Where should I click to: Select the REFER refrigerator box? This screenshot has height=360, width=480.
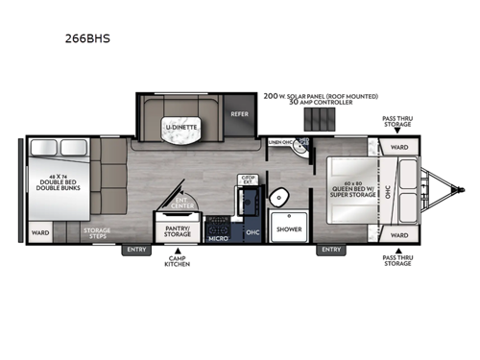pos(239,113)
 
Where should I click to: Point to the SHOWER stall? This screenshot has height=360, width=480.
pos(289,228)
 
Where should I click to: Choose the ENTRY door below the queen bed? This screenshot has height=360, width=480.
pos(331,250)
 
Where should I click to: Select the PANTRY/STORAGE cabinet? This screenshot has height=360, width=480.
pos(178,230)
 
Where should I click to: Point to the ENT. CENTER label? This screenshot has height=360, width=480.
pos(181,203)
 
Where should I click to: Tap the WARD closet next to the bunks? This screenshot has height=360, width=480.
pos(40,232)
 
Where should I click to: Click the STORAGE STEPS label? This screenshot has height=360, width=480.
pos(96,232)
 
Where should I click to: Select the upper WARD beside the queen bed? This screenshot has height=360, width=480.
pos(399,147)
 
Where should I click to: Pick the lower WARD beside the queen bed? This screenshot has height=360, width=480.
pos(399,233)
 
